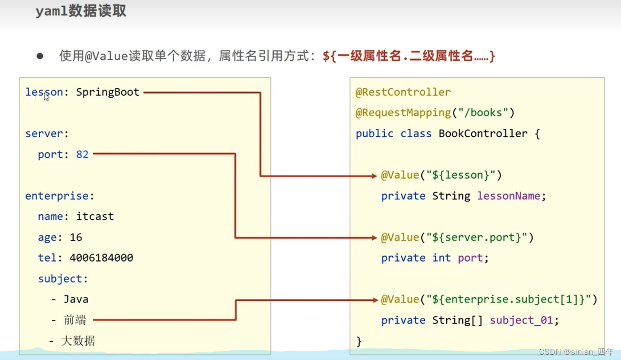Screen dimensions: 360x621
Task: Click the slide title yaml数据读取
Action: tap(81, 12)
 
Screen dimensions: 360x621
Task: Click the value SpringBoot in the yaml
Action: tap(107, 92)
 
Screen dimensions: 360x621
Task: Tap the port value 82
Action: tap(82, 155)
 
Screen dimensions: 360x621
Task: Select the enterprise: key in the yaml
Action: tap(60, 196)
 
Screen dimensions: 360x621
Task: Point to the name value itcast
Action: tap(95, 217)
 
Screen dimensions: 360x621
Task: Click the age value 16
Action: tap(76, 237)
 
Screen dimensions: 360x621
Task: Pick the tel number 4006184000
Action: tap(101, 258)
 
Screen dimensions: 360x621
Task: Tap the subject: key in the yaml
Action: tap(63, 279)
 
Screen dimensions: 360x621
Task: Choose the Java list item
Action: tap(75, 299)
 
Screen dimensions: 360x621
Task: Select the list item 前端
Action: tap(75, 320)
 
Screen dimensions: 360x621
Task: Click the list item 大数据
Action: tap(78, 341)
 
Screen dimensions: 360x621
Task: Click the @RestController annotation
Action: tap(403, 92)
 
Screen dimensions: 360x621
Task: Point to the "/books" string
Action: tap(483, 113)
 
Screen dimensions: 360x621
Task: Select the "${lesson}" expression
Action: tap(461, 175)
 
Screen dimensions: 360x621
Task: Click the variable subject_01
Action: tap(521, 320)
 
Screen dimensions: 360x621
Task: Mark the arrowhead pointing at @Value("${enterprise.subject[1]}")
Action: tap(375, 300)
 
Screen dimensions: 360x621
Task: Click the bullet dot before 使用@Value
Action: tap(40, 56)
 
